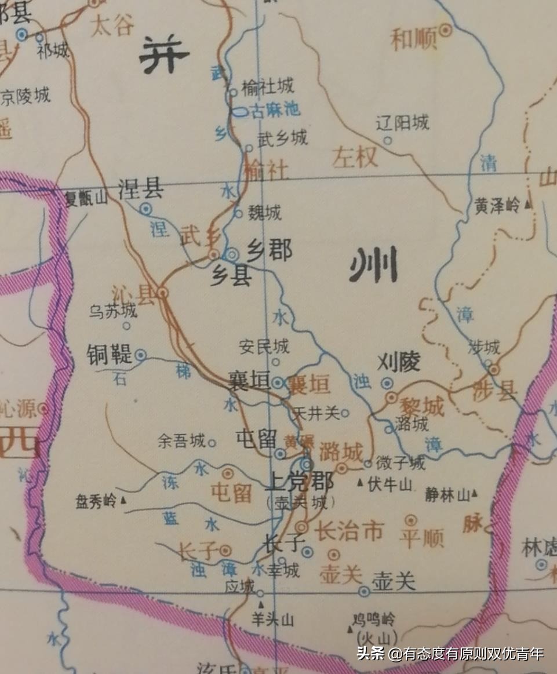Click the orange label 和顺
point(414,39)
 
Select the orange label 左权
point(355,156)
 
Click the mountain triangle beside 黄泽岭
point(527,204)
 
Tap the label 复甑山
point(86,199)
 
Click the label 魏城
point(265,213)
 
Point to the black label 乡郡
point(270,252)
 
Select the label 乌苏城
point(113,311)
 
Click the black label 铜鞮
point(110,354)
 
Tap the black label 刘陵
point(399,363)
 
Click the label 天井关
point(316,413)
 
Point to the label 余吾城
point(181,442)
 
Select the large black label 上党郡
point(299,482)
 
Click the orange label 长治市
point(349,530)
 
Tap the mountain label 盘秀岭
point(96,501)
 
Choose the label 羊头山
point(272,620)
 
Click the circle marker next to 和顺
point(446,30)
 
